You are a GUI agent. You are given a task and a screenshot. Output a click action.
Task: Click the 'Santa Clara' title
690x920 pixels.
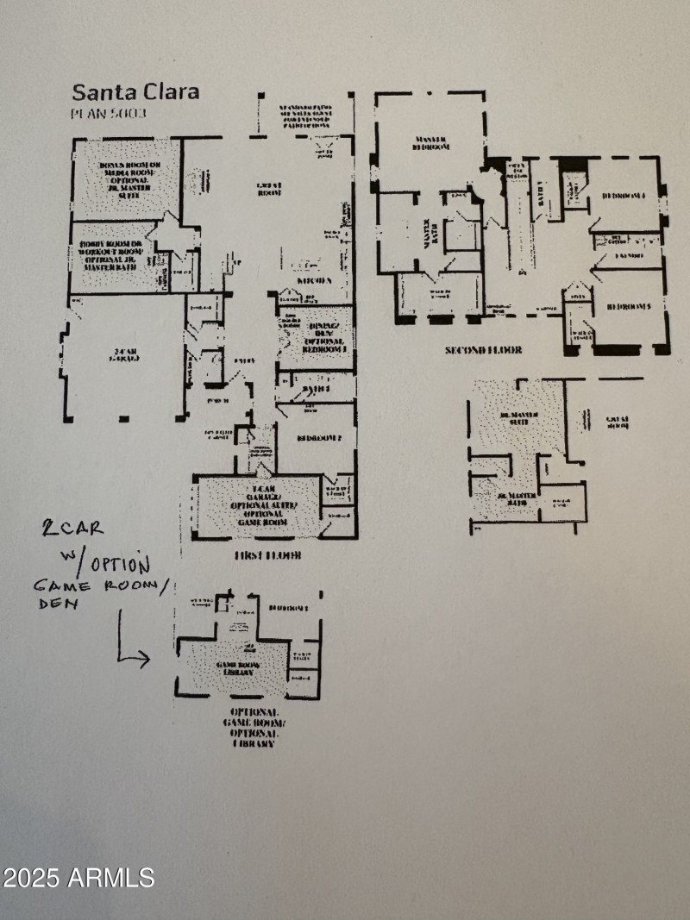pyautogui.click(x=135, y=91)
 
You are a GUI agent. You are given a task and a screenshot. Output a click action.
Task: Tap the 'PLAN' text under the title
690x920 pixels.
pyautogui.click(x=86, y=112)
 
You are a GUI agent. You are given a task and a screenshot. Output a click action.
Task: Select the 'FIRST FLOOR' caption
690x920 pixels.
pyautogui.click(x=268, y=556)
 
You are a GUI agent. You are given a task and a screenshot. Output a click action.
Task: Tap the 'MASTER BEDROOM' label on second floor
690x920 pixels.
pyautogui.click(x=429, y=142)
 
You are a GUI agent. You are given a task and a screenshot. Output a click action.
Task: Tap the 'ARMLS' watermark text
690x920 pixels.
pyautogui.click(x=111, y=878)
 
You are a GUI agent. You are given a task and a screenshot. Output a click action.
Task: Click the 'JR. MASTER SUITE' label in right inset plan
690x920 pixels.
pyautogui.click(x=520, y=419)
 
